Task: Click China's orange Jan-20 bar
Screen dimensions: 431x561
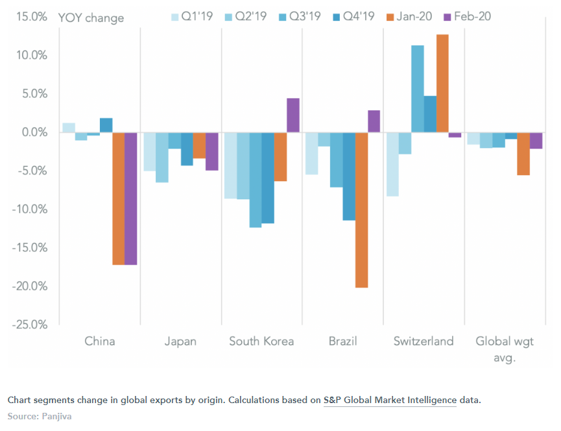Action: (x=118, y=198)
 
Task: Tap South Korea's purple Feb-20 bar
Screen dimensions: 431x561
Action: (x=293, y=116)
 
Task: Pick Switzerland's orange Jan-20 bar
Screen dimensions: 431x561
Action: (x=442, y=83)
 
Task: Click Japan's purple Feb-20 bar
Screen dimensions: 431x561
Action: (x=211, y=151)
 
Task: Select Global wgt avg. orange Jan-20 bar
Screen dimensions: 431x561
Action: (x=523, y=154)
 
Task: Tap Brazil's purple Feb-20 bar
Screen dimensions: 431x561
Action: (x=374, y=121)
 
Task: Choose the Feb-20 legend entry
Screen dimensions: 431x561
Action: (x=466, y=16)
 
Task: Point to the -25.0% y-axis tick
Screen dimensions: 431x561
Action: (x=29, y=324)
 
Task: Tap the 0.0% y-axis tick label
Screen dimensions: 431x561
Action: (x=32, y=132)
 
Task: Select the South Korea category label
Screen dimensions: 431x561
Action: (x=261, y=341)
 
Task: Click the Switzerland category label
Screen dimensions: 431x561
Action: (x=424, y=341)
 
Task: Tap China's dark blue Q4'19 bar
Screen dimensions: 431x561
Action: (x=106, y=125)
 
